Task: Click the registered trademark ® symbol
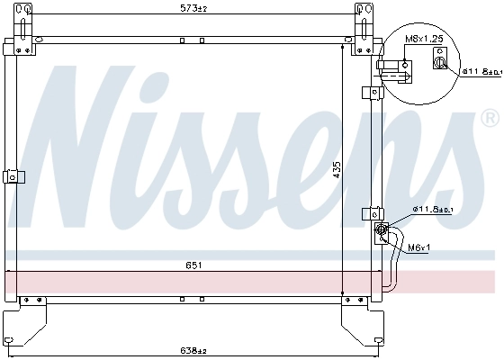click(x=489, y=118)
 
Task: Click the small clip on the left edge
click(x=11, y=176)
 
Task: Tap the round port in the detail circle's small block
click(x=440, y=62)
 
